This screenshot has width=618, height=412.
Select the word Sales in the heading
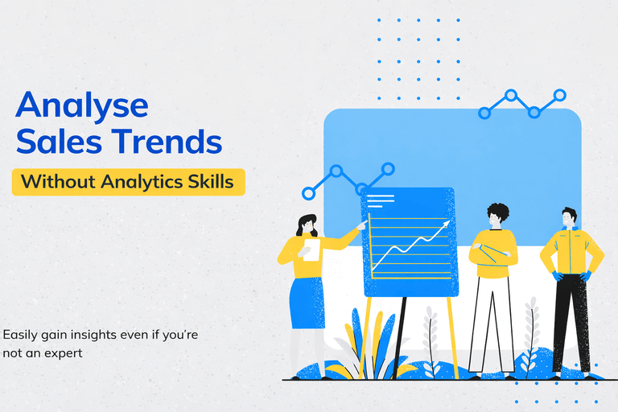61,142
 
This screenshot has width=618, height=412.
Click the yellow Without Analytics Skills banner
128,182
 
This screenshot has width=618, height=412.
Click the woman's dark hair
307,225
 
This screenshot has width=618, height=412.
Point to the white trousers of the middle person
491,322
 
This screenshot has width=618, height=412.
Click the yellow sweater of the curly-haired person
492,253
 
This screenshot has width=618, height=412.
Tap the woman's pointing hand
360,227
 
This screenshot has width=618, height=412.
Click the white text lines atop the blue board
381,200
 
